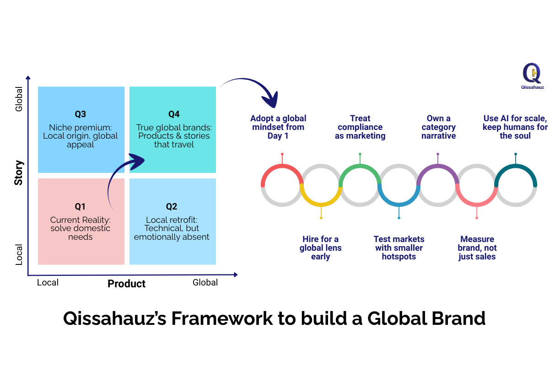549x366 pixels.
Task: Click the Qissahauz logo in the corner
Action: tap(532, 76)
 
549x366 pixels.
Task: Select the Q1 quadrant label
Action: tap(81, 206)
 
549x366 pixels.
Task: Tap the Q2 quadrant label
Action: tap(172, 206)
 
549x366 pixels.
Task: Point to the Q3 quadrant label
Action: tap(81, 114)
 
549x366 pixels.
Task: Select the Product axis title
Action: tap(126, 284)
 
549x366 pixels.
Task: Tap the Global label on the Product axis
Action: tap(205, 282)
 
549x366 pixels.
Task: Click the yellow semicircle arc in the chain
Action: tap(321, 202)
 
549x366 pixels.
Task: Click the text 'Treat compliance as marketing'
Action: tap(360, 127)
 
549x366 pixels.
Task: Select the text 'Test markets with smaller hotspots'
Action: tap(399, 248)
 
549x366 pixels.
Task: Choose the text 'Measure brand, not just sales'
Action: tap(477, 248)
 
